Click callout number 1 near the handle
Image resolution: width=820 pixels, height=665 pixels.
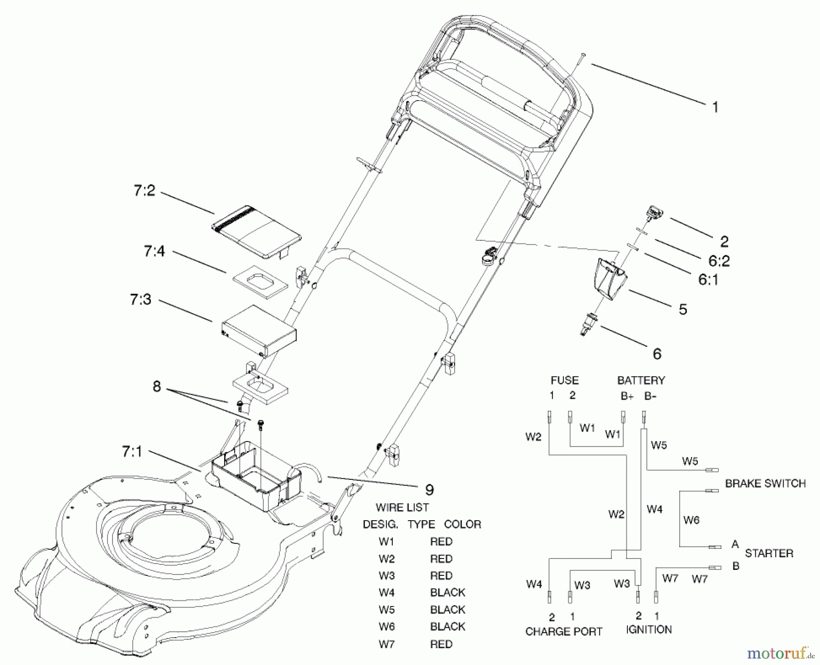tap(715, 107)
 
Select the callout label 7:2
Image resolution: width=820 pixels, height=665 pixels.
tap(144, 191)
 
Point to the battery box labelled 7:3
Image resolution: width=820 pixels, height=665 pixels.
tap(259, 330)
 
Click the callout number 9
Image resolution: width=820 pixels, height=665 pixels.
tap(429, 490)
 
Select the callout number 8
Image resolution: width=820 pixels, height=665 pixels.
tap(157, 386)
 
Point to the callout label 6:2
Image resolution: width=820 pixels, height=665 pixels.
tap(719, 261)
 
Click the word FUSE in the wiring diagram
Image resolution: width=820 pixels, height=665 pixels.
tap(564, 380)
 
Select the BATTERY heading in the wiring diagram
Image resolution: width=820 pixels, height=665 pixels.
tap(641, 380)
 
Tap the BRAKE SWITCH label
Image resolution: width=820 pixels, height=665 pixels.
tap(765, 483)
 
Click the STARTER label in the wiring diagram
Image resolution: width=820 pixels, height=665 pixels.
tap(769, 553)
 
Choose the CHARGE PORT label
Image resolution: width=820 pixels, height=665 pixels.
tap(564, 632)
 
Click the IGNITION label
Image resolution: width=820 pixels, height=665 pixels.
tap(649, 630)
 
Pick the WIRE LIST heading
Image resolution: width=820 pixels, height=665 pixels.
tap(402, 507)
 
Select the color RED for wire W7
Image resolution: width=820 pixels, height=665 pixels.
tap(441, 644)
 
